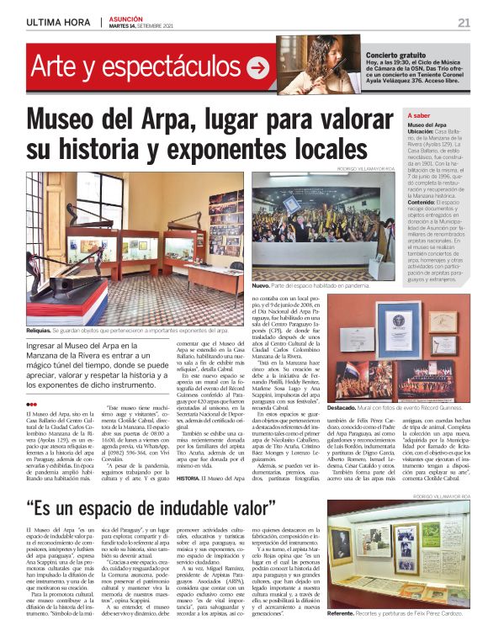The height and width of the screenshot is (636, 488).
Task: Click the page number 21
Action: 464,22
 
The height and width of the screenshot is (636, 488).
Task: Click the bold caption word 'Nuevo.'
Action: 261,286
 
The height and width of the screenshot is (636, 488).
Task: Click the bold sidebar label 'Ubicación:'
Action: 426,132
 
